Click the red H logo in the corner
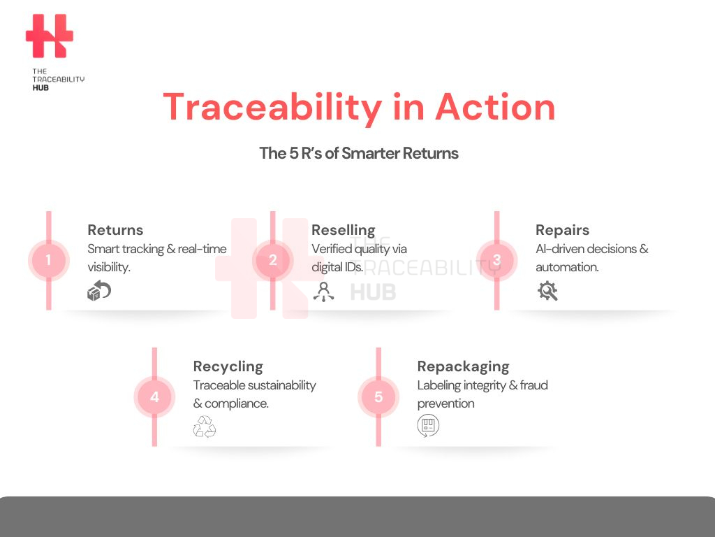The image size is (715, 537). (50, 36)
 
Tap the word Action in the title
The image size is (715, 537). (495, 107)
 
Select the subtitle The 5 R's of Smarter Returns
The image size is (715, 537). (359, 153)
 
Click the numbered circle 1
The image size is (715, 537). (49, 260)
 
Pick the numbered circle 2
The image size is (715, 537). (273, 260)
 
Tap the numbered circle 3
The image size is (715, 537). (496, 260)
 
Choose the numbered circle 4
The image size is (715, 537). (154, 396)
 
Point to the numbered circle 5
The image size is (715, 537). (378, 396)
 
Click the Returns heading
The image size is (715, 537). (115, 229)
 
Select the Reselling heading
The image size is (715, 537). (344, 230)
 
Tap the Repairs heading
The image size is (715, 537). (562, 230)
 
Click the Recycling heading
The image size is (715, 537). (228, 366)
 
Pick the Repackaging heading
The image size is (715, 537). (464, 366)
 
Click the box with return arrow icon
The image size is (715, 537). (99, 290)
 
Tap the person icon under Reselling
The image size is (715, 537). (324, 292)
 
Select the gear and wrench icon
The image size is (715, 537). (547, 291)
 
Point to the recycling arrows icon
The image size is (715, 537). (205, 427)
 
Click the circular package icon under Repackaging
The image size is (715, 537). (428, 426)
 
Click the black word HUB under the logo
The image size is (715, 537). (40, 87)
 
